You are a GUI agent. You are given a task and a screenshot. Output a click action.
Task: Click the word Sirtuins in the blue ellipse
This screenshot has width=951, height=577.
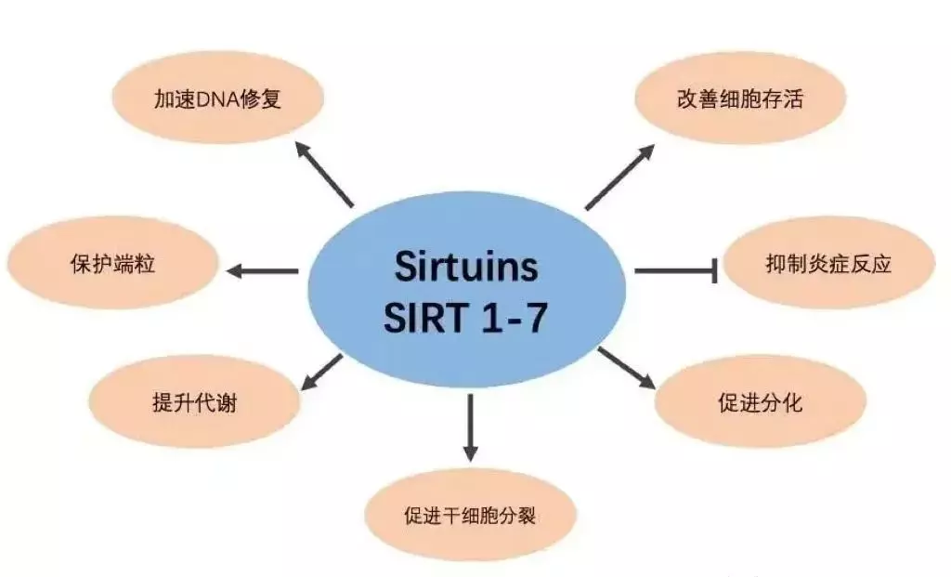(x=466, y=266)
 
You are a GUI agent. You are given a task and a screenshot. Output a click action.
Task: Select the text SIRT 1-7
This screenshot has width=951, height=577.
(x=466, y=317)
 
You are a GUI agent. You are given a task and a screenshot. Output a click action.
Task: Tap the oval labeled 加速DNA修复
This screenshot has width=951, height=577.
(x=218, y=98)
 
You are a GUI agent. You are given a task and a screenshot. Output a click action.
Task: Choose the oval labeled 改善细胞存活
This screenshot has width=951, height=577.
(x=740, y=98)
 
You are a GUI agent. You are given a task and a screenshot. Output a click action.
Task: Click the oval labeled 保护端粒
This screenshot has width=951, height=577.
(x=112, y=263)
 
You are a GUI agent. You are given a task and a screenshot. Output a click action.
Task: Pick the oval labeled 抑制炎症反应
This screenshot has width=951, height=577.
(x=829, y=263)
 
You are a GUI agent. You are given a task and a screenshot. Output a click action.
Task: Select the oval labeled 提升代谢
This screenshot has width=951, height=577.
(x=195, y=401)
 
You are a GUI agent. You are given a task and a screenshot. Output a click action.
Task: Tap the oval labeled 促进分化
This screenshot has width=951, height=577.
(x=761, y=401)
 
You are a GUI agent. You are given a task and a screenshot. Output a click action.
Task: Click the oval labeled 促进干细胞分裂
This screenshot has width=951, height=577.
(x=469, y=516)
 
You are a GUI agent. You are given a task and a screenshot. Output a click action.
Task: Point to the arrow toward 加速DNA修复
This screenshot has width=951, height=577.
(x=323, y=174)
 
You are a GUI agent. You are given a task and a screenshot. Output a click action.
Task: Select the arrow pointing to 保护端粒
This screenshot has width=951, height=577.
(x=262, y=271)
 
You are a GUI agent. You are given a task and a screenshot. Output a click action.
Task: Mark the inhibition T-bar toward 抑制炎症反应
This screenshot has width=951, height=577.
(x=676, y=270)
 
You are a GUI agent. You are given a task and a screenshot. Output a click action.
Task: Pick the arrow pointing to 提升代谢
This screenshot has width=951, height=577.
(x=322, y=373)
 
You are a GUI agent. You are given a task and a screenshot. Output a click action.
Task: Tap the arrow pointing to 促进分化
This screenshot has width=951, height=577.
(x=627, y=368)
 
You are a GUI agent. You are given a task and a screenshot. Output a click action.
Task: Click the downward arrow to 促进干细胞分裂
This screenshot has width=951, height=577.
(x=470, y=427)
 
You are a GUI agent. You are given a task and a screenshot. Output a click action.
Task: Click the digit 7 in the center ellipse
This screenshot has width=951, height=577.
(x=536, y=317)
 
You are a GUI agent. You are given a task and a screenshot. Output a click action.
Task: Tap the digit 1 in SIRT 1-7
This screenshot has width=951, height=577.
(x=490, y=317)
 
